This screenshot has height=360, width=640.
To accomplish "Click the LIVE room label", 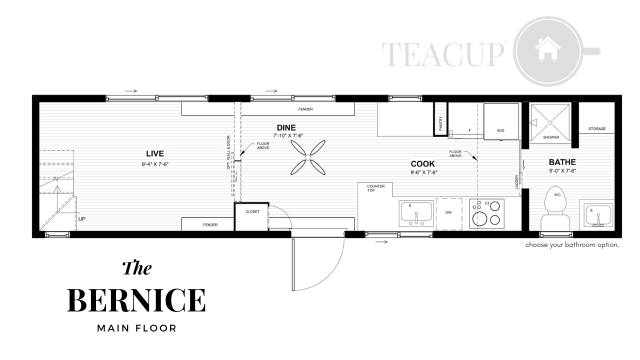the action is click(155, 153).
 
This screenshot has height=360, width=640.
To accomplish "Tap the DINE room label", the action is click(286, 127).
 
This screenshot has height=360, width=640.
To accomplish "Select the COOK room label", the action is click(422, 164).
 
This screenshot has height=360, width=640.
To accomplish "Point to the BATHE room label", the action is click(562, 162).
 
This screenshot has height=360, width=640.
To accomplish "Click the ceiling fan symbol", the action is click(308, 157).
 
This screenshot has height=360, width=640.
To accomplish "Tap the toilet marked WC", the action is click(555, 208).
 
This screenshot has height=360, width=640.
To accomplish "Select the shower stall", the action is click(550, 122).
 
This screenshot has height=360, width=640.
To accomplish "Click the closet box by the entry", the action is click(251, 216).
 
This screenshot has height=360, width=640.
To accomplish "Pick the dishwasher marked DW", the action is click(449, 213).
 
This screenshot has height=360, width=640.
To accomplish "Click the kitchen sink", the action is click(416, 214).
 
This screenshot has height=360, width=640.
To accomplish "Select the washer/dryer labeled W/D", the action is click(501, 121).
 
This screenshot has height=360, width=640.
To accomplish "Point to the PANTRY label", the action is click(440, 123).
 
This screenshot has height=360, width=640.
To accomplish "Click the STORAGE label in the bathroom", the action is click(597, 129).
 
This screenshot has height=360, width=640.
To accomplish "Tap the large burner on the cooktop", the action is click(479, 219).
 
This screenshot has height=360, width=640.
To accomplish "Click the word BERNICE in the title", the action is click(136, 300).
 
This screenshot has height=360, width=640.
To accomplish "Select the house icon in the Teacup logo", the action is click(547, 49).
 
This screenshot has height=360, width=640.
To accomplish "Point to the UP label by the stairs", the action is click(81, 219).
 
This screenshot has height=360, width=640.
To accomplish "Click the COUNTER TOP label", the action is click(375, 188).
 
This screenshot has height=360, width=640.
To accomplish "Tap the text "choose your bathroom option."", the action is click(572, 245).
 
